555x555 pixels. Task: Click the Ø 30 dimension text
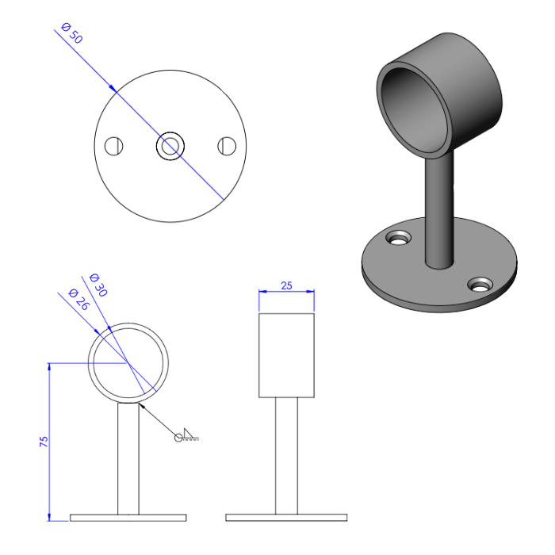point(98,285)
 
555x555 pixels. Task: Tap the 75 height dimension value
point(44,442)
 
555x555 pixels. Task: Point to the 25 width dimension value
point(286,285)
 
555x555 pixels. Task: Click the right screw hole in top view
point(228,146)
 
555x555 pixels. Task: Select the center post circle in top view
point(170,146)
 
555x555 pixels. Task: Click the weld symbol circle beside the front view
point(180,436)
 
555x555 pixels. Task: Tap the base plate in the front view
point(128,518)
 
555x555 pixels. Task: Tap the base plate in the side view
point(286,518)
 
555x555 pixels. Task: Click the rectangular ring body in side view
point(286,354)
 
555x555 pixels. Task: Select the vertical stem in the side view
point(286,455)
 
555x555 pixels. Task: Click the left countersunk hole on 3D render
point(399,237)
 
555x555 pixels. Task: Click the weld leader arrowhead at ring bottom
point(142,404)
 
